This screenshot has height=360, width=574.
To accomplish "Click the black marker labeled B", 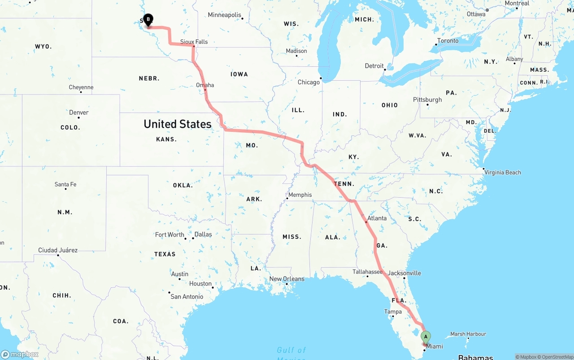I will (148, 19).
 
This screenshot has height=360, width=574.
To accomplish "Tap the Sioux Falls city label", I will (194, 42).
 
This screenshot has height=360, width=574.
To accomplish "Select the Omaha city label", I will (205, 85).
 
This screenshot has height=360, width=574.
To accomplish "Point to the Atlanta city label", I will (377, 218).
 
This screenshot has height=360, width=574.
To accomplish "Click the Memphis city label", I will (300, 195).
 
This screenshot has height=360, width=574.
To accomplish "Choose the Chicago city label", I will (309, 82).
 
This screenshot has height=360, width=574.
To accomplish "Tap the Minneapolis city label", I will (225, 15).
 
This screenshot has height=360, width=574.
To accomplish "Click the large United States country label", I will (177, 124).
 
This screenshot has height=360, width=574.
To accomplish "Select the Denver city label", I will (79, 113).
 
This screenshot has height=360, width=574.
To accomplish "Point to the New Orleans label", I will (287, 279).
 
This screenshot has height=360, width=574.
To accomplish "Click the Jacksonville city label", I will (404, 273).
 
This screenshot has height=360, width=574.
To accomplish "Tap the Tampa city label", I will (393, 312).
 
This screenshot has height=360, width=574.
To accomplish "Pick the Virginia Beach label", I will (503, 172).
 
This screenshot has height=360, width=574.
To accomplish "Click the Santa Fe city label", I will (65, 184).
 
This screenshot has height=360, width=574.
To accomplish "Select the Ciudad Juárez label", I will (58, 250).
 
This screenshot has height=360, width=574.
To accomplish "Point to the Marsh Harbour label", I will (468, 334).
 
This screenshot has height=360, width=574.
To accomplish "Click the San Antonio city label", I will (187, 297).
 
